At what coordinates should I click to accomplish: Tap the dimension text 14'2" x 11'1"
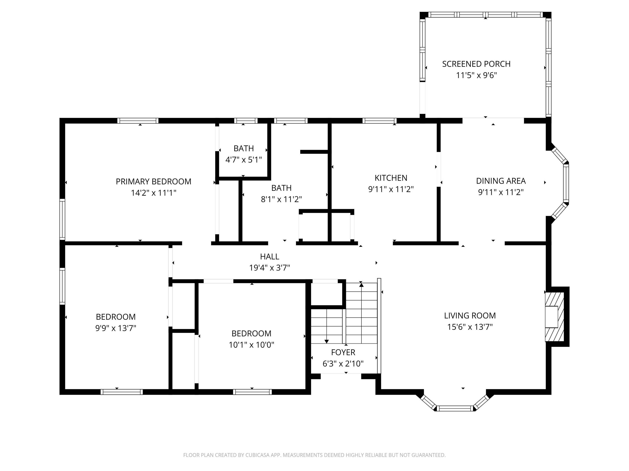[154, 193]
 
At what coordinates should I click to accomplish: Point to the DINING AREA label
[501, 181]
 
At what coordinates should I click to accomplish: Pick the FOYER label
[343, 352]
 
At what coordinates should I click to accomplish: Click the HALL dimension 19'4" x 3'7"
[270, 268]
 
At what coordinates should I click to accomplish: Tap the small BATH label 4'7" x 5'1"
[244, 148]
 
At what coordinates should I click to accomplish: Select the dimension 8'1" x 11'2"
[281, 199]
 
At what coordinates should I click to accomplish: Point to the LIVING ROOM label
[470, 316]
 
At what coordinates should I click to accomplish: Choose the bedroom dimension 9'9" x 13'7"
[116, 328]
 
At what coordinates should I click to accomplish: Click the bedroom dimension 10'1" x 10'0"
[251, 345]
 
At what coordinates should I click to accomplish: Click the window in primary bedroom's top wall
[138, 121]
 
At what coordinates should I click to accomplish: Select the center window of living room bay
[455, 408]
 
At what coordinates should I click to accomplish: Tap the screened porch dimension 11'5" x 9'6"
[476, 75]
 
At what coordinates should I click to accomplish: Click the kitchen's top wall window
[379, 121]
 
